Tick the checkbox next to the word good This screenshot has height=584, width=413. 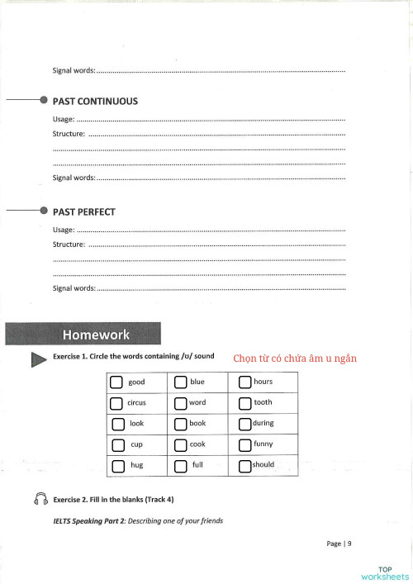tap(116, 382)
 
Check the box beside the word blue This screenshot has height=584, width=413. tap(181, 382)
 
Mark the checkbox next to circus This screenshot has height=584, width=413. tap(116, 403)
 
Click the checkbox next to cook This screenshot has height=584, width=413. tap(181, 444)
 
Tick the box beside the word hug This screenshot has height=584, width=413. tap(116, 466)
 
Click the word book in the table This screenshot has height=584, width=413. tap(197, 423)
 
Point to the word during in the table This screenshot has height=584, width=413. tap(263, 423)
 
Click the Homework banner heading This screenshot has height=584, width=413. tap(96, 334)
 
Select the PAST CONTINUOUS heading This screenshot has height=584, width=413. tap(95, 102)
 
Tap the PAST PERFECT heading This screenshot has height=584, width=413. tap(83, 212)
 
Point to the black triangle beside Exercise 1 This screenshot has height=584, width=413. tap(38, 359)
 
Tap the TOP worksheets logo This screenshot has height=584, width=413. tap(384, 572)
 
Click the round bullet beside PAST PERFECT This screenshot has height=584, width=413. tap(43, 211)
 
